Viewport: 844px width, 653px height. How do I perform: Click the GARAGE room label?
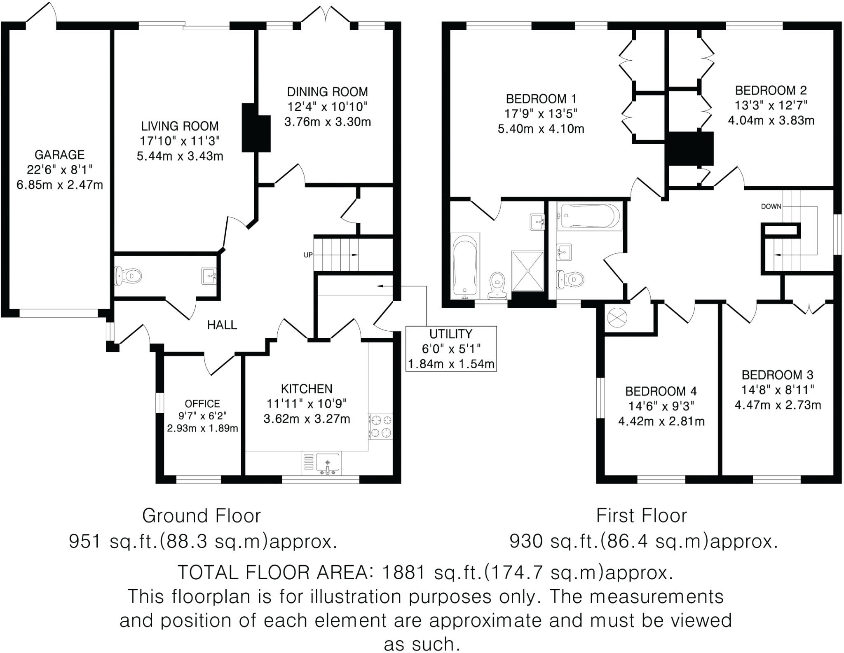click(x=60, y=155)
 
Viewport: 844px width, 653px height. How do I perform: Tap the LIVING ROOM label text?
click(x=180, y=126)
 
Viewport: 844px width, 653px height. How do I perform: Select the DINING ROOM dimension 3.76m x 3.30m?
click(x=327, y=122)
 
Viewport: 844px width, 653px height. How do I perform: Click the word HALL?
click(x=222, y=325)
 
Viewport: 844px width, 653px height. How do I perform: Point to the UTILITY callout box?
click(x=451, y=349)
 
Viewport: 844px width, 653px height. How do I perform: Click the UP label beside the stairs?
click(x=308, y=255)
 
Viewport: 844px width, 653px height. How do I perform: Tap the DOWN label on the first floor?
click(x=771, y=206)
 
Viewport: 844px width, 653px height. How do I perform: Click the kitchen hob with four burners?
click(x=381, y=426)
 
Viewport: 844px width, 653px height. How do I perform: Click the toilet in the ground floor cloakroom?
click(x=129, y=275)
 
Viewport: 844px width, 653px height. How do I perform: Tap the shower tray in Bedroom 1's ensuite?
click(x=527, y=271)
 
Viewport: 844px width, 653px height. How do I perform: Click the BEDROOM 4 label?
click(x=661, y=391)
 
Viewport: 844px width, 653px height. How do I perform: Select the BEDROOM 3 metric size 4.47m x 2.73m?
click(x=778, y=405)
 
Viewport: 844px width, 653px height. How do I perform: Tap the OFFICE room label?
click(x=202, y=404)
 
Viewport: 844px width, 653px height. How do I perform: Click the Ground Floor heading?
click(x=202, y=516)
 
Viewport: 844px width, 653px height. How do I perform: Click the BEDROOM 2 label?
click(x=771, y=90)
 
